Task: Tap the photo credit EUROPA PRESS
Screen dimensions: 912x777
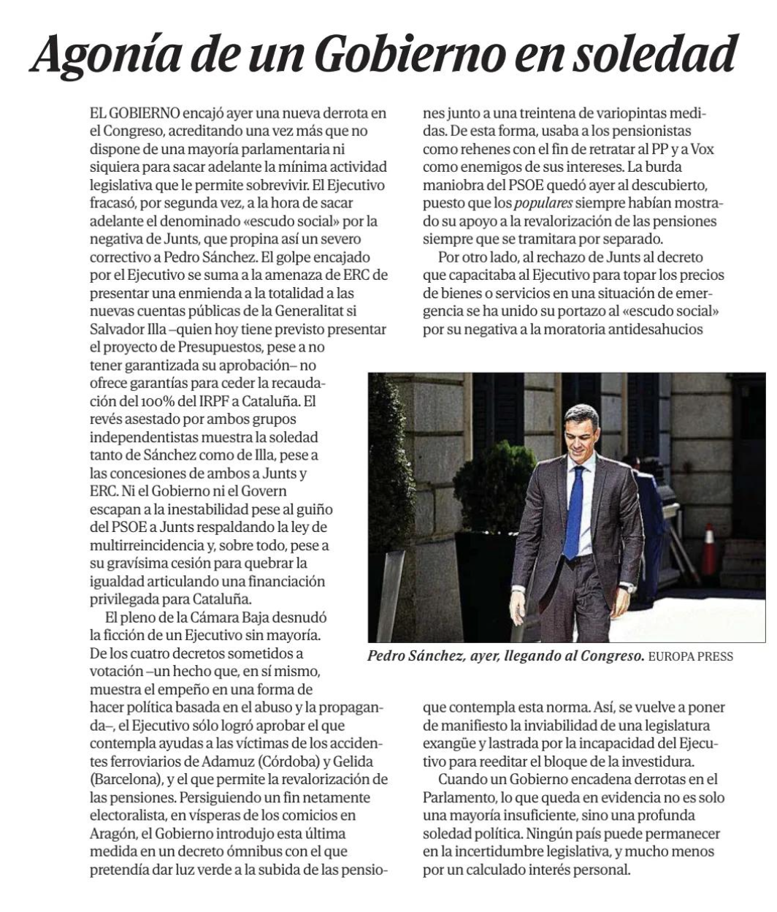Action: (x=691, y=657)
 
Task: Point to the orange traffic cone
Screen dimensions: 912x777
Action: (x=708, y=550)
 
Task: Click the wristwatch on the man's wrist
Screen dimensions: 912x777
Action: (x=625, y=586)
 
